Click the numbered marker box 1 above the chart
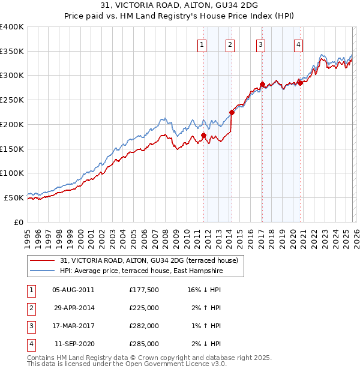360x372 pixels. (x=202, y=44)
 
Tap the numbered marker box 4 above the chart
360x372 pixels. (x=298, y=44)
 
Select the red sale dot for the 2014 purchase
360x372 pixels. (x=232, y=112)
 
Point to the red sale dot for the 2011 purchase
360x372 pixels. (x=203, y=135)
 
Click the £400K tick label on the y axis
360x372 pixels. (x=12, y=27)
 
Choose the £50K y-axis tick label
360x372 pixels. (x=14, y=197)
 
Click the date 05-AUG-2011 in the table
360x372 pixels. (x=73, y=289)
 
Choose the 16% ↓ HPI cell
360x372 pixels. (x=204, y=289)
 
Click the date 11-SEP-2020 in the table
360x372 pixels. (x=74, y=344)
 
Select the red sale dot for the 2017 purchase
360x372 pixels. (x=262, y=84)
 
